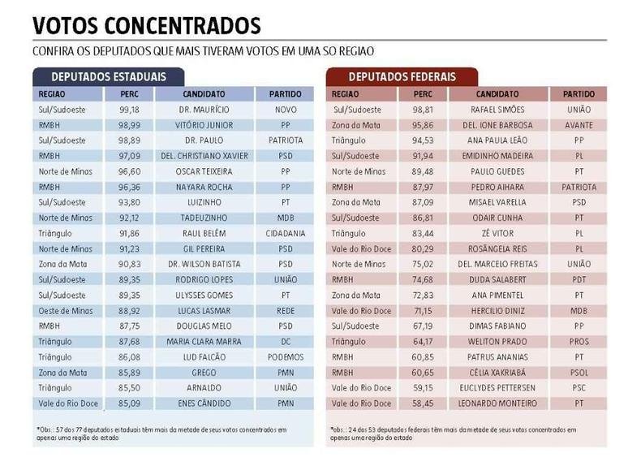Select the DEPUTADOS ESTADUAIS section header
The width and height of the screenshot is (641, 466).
[100, 77]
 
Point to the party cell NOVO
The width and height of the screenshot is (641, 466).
[285, 110]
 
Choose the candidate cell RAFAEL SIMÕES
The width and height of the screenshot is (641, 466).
[498, 110]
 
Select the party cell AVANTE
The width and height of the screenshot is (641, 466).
[579, 125]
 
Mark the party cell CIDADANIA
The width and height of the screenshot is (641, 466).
[285, 233]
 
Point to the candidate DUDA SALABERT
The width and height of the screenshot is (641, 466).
[498, 279]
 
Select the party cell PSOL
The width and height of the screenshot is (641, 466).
[579, 372]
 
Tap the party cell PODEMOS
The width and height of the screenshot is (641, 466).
[285, 356]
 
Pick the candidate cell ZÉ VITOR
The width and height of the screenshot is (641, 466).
[498, 233]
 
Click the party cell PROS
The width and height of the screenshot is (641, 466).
[579, 341]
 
